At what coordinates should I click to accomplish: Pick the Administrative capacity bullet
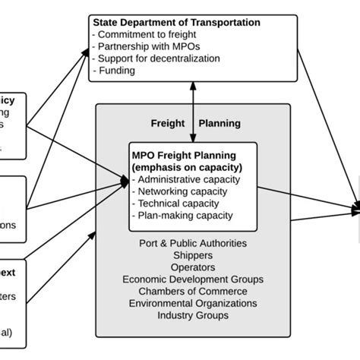[x=187, y=180]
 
